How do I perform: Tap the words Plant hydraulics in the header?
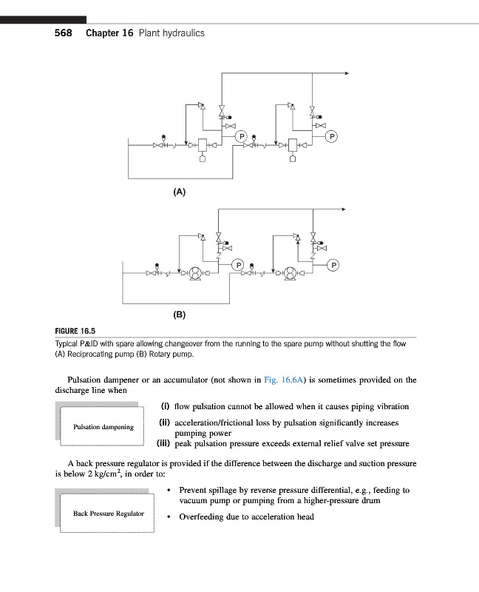click(170, 33)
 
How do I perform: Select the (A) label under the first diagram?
click(179, 192)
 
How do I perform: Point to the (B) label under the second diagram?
click(179, 314)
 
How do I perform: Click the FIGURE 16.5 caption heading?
click(75, 331)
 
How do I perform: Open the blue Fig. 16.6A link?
click(281, 380)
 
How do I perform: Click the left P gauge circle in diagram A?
click(240, 136)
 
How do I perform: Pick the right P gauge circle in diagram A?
click(332, 136)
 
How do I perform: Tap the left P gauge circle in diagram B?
click(238, 264)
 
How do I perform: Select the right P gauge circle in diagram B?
click(333, 264)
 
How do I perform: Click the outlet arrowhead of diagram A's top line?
click(346, 73)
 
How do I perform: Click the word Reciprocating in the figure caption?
click(98, 354)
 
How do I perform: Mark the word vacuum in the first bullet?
click(194, 501)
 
